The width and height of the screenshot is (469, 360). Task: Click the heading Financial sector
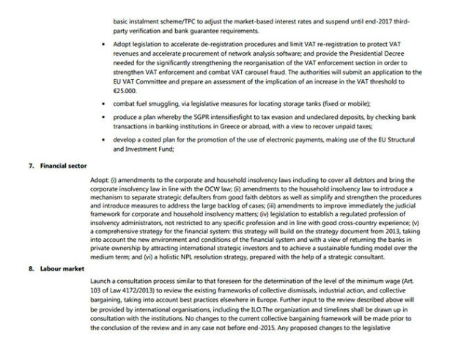point(64,167)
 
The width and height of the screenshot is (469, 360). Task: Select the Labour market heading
point(62,268)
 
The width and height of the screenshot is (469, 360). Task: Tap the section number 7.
point(32,167)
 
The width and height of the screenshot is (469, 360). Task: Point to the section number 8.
point(32,268)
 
